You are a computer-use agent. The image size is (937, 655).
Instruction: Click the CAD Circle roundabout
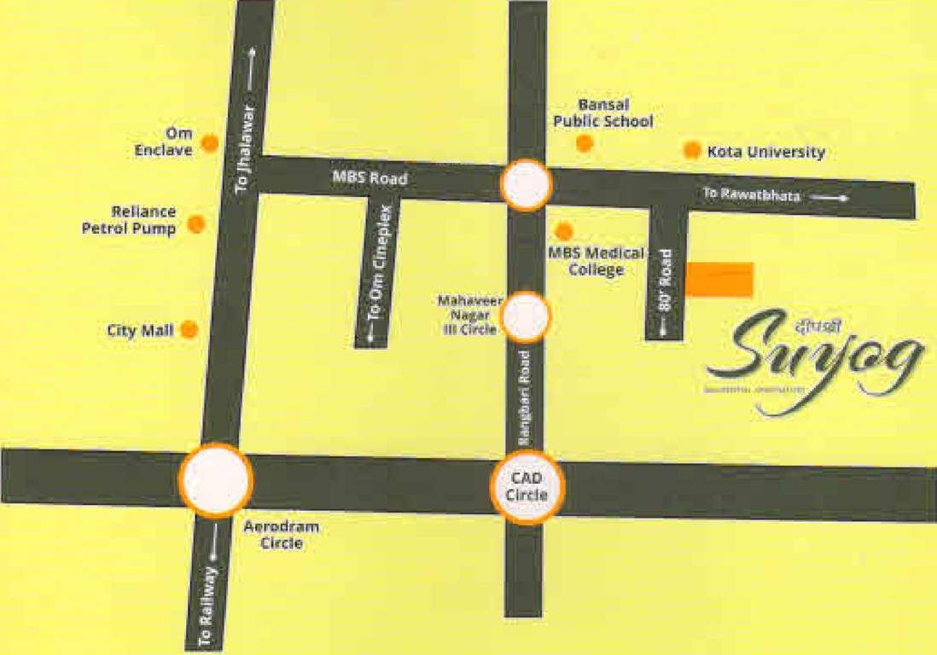pos(527,487)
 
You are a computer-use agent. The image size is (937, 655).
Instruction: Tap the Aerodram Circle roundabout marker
pos(216,480)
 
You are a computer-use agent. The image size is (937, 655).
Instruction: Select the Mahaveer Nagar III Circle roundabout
pos(526,317)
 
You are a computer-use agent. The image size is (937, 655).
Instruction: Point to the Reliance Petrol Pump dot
pos(196,224)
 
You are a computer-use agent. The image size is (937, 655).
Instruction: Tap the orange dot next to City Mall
pos(189,329)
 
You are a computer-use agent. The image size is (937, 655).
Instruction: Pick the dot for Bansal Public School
pos(584,143)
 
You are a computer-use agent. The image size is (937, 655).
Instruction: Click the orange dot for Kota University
pos(692,150)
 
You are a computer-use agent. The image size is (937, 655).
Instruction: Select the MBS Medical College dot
pos(563,231)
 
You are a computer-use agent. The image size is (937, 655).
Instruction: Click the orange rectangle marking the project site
pos(720,280)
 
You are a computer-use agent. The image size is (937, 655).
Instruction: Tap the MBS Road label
pos(370,179)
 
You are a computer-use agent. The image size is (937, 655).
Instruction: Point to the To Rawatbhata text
pos(752,195)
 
